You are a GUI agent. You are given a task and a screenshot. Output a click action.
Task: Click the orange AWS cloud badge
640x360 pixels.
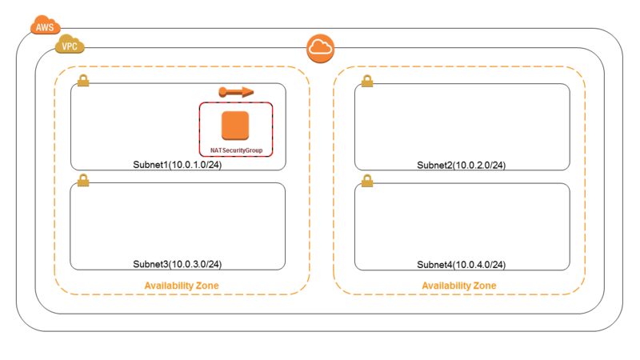click(46, 26)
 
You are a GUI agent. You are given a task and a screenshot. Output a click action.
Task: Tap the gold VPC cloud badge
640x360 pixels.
click(70, 45)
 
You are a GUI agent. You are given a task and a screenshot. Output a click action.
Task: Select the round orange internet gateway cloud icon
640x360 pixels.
click(321, 49)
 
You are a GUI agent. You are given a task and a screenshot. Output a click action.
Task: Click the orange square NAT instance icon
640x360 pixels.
click(235, 126)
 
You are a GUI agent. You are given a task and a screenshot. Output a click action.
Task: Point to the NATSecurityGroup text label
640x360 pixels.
click(236, 150)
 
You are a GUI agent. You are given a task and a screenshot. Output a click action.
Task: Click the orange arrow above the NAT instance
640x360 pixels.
click(236, 92)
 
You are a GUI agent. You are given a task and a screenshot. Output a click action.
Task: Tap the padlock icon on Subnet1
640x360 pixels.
click(83, 80)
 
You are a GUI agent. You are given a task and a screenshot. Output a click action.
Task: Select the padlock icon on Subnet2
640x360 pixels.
click(367, 81)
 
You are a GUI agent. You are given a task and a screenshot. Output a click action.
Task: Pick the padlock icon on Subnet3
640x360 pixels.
click(83, 180)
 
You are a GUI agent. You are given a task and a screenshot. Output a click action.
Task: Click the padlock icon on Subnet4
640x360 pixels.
click(367, 181)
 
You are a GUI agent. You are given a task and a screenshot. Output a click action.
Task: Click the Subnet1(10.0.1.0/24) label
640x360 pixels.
click(177, 165)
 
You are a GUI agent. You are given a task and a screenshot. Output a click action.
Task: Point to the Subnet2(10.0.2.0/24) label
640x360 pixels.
click(462, 166)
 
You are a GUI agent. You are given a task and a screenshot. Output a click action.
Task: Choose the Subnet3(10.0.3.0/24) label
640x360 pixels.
click(177, 265)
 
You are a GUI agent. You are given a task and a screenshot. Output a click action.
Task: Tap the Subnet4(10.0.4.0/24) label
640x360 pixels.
click(462, 265)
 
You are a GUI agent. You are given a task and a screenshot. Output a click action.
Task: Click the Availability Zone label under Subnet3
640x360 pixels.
click(182, 286)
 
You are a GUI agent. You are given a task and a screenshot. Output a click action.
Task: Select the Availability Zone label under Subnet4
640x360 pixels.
click(459, 286)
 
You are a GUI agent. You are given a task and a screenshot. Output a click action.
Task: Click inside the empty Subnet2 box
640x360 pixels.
click(462, 122)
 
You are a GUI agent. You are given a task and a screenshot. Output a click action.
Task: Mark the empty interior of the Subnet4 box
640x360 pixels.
click(462, 222)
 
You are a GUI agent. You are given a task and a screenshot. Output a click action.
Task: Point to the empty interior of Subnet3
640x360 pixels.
click(178, 221)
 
